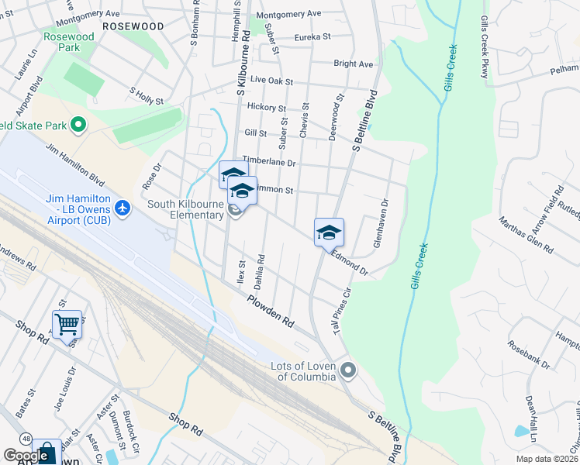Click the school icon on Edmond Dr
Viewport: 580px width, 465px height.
pyautogui.click(x=329, y=232)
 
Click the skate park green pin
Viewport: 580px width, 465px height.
pyautogui.click(x=78, y=124)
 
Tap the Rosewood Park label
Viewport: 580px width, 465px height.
pyautogui.click(x=68, y=42)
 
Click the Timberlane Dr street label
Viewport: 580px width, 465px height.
pyautogui.click(x=270, y=162)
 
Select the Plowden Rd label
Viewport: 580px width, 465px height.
pyautogui.click(x=272, y=310)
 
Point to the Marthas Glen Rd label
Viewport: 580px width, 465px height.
pyautogui.click(x=527, y=238)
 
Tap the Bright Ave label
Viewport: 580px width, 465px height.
pyautogui.click(x=354, y=64)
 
